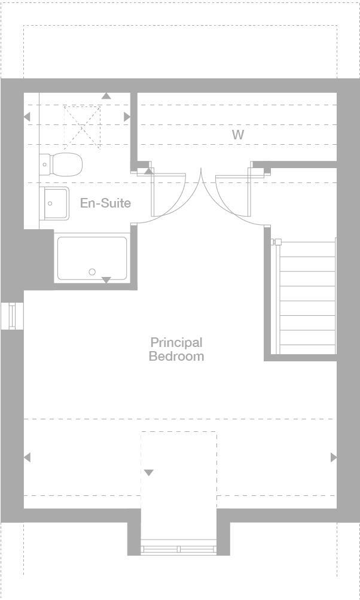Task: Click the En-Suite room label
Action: click(x=105, y=203)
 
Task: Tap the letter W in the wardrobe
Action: click(x=238, y=135)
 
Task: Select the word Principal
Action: click(x=176, y=343)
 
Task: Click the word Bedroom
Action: click(x=176, y=357)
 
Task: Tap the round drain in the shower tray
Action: click(x=92, y=272)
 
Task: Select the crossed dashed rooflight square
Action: click(x=83, y=125)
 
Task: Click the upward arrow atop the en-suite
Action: click(x=106, y=96)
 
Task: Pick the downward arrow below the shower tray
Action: click(x=106, y=280)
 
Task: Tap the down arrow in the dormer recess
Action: click(x=148, y=473)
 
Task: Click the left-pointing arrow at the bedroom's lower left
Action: click(x=27, y=457)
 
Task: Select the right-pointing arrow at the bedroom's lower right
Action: click(x=334, y=457)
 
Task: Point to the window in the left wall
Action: click(x=12, y=316)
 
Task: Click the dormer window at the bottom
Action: click(x=178, y=547)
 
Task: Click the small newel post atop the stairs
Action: click(x=277, y=242)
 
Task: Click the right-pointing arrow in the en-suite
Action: click(x=127, y=117)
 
